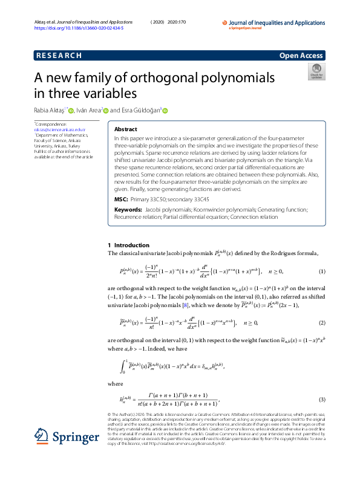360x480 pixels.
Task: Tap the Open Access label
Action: pos(301,56)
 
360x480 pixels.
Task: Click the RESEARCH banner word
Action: pos(59,56)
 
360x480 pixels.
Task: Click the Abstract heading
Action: pos(126,129)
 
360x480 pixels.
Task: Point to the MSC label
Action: pos(121,199)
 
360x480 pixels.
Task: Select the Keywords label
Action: pos(128,209)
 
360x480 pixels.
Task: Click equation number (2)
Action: pos(322,323)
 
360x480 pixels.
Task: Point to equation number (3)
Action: pos(322,399)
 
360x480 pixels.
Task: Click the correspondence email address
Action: pos(60,129)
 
